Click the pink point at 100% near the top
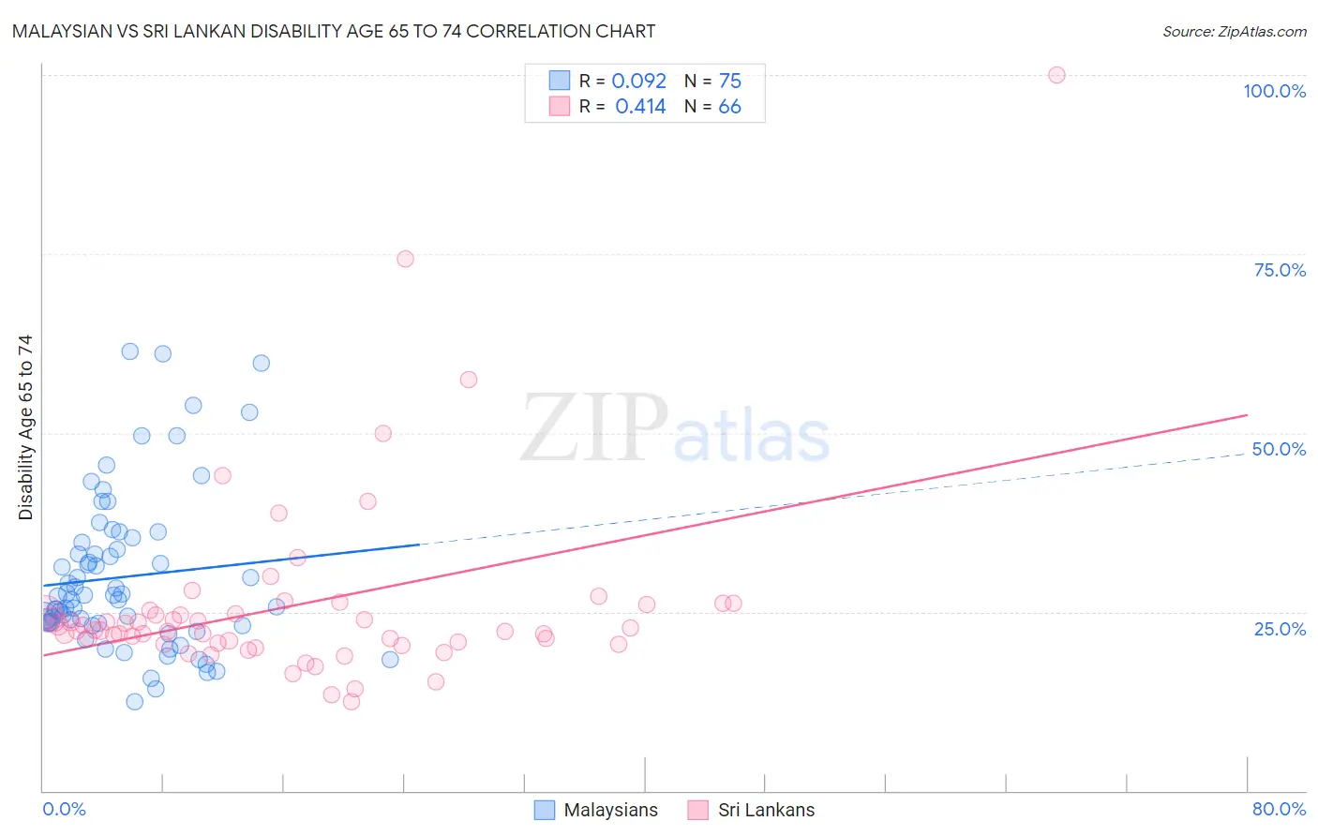click(x=1056, y=75)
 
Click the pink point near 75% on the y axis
click(x=405, y=259)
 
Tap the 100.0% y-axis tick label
click(x=1274, y=91)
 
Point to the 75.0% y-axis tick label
click(x=1280, y=270)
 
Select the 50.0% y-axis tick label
click(x=1279, y=449)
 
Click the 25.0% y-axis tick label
click(x=1280, y=629)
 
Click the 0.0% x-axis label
click(x=64, y=810)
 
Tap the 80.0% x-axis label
click(x=1279, y=810)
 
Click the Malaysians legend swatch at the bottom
click(x=544, y=810)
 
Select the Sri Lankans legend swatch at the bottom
click(x=697, y=810)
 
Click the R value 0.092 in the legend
click(x=638, y=82)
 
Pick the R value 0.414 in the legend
click(x=640, y=107)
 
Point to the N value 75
click(x=729, y=82)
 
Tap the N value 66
click(x=729, y=107)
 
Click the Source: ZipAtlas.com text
click(x=1234, y=32)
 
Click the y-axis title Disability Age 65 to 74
click(x=25, y=427)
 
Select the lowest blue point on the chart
click(x=135, y=702)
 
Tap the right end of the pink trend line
click(x=1247, y=414)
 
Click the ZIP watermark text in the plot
click(x=594, y=428)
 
